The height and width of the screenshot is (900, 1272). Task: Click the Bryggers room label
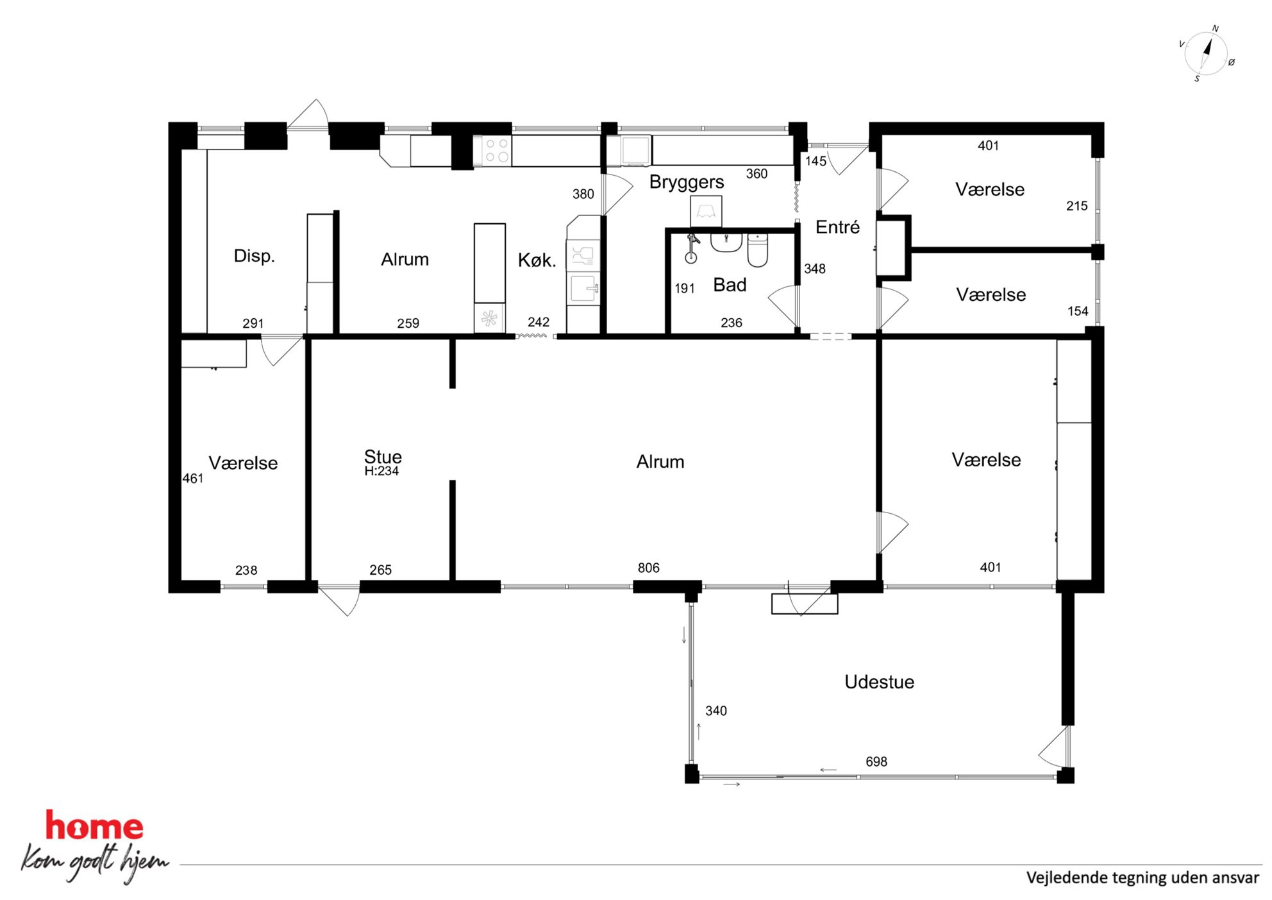687,183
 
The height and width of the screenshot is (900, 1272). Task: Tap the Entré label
837,227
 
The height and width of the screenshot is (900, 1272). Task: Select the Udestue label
879,682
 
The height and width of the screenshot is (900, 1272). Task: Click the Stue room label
383,457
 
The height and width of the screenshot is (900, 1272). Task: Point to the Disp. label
254,256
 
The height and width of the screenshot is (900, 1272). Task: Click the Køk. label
537,260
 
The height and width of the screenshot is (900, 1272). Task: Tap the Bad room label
730,285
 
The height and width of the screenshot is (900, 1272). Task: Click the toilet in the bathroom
757,250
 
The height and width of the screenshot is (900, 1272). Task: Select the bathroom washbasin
726,242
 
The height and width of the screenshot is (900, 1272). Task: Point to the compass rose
1206,54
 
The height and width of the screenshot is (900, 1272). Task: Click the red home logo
94,826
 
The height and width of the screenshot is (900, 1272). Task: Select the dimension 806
648,568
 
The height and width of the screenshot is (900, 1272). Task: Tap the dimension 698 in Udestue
876,761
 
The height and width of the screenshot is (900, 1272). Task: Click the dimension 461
192,479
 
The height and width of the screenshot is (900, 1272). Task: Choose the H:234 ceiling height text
381,471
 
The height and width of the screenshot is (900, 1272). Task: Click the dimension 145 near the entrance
816,161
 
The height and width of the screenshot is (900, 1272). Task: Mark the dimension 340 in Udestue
716,711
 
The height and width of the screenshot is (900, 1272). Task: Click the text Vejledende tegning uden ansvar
1142,878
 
